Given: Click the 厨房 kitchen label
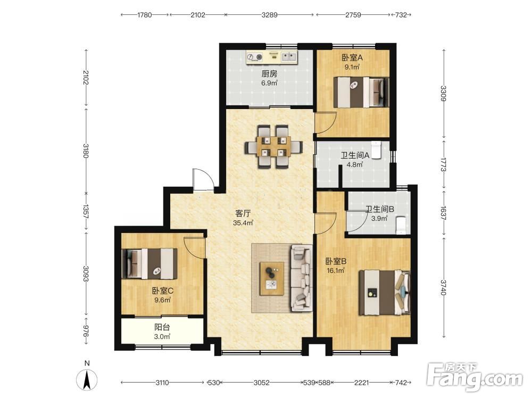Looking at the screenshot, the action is tap(269, 73).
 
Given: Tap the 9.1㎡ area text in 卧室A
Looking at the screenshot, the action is tap(352, 67).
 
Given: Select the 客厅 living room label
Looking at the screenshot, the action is tap(243, 213).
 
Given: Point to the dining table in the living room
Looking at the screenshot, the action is tap(273, 147).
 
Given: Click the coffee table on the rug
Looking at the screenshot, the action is tap(272, 278).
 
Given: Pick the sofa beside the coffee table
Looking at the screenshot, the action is tap(301, 278).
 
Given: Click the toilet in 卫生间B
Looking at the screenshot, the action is tap(401, 225).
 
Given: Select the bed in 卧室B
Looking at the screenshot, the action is tap(385, 293).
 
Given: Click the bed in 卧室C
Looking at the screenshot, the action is tap(149, 264).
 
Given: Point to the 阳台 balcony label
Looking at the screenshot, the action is tap(162, 327).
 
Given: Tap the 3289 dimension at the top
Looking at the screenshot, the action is tap(269, 15).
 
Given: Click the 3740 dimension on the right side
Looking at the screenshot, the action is tap(444, 288).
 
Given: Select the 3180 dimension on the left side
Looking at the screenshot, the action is tap(86, 151).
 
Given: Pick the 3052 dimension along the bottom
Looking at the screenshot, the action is tap(262, 383).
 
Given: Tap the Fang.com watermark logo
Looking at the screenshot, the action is tap(475, 376).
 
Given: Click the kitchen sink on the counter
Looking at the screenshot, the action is tap(289, 57).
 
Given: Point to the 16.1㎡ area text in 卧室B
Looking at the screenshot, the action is tap(336, 270).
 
